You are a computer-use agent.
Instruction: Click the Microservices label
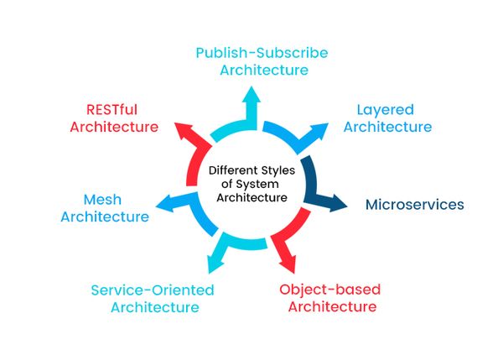414,204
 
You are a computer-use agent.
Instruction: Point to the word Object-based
329,290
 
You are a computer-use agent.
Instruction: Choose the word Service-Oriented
153,290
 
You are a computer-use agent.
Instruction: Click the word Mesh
105,200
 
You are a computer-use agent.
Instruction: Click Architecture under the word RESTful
114,127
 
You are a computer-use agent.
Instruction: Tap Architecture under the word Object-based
332,306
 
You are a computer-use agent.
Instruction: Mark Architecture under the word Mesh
105,217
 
